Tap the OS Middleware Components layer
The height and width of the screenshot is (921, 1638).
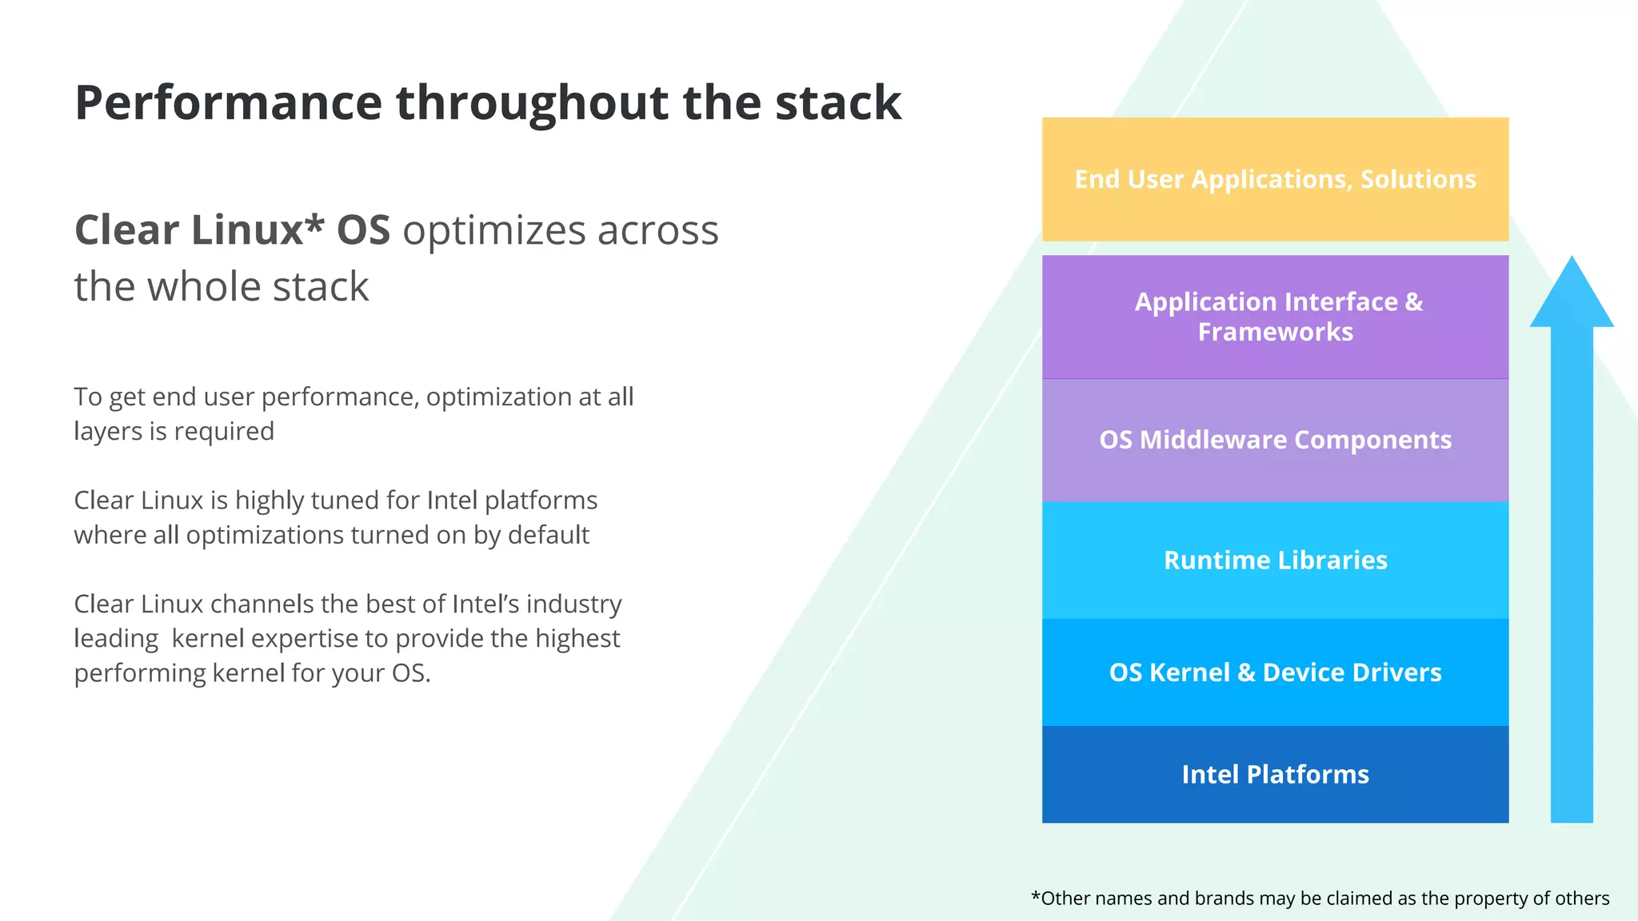pyautogui.click(x=1275, y=440)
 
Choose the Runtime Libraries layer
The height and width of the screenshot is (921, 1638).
pyautogui.click(x=1275, y=560)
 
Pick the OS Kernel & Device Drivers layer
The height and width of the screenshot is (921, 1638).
pyautogui.click(x=1275, y=672)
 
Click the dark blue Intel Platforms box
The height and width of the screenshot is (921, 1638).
pyautogui.click(x=1275, y=774)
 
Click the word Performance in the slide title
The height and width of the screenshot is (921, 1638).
pyautogui.click(x=229, y=104)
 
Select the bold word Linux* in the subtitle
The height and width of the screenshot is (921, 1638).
pyautogui.click(x=257, y=230)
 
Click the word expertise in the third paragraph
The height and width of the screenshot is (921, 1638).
pyautogui.click(x=304, y=639)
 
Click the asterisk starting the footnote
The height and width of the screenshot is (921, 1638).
pyautogui.click(x=1036, y=897)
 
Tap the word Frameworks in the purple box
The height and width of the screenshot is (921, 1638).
pyautogui.click(x=1275, y=332)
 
